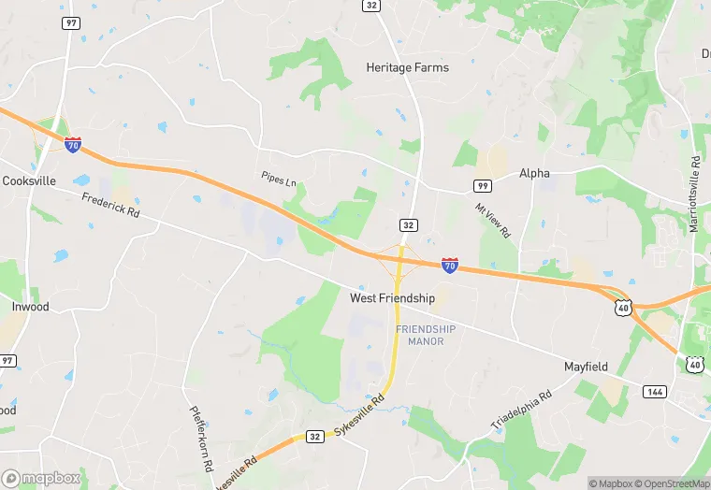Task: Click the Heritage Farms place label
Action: point(407,68)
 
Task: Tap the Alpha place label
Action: point(535,173)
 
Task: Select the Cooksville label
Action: point(28,180)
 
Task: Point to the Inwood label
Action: point(30,307)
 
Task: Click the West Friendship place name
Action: point(392,298)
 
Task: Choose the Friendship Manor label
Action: point(426,335)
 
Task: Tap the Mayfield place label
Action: point(587,367)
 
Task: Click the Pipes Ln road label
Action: point(278,176)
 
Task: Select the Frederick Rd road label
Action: point(109,205)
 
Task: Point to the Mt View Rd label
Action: point(493,220)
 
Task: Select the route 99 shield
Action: point(483,185)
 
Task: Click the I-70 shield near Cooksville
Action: point(73,145)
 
